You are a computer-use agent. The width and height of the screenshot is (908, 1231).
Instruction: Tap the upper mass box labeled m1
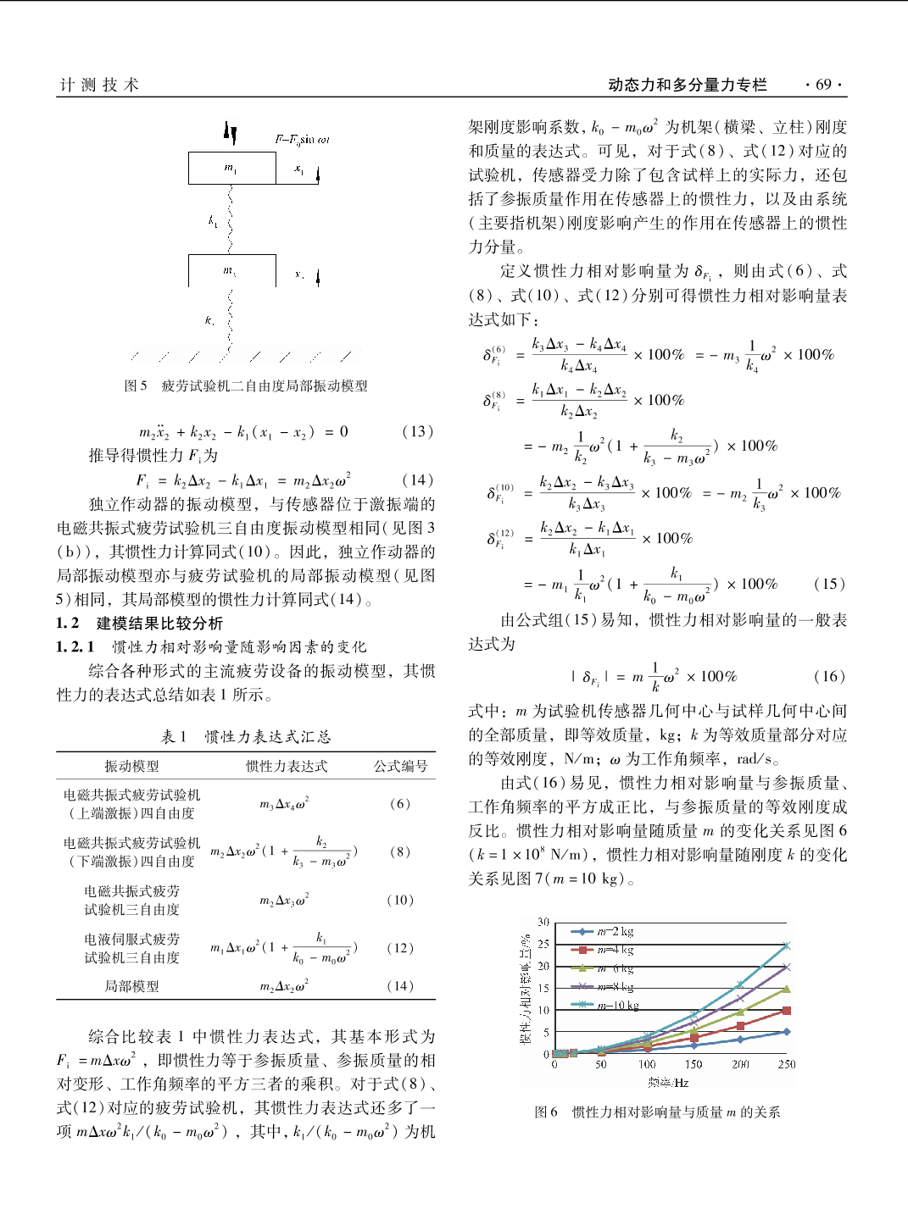[231, 168]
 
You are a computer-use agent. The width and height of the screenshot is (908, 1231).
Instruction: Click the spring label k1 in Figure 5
[213, 221]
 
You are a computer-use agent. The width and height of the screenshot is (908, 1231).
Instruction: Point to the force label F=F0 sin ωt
[302, 140]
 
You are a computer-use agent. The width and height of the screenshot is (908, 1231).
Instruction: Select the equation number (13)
[417, 431]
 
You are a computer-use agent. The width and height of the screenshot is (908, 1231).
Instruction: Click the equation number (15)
[829, 584]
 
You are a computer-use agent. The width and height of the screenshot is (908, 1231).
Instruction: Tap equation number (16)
[829, 676]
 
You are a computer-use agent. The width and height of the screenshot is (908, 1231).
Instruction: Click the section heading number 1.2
[68, 624]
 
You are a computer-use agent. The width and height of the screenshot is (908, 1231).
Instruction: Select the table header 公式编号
[401, 766]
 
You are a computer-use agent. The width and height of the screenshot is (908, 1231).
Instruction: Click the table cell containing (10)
[400, 900]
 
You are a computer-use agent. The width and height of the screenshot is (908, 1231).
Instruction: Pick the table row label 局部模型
[131, 986]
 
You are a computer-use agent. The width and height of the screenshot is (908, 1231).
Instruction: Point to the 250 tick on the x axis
[787, 1064]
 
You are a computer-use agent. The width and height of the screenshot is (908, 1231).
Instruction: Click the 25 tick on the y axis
[543, 944]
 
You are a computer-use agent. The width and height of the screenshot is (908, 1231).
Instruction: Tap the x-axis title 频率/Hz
[669, 1082]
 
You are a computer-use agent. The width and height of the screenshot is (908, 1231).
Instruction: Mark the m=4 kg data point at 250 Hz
[787, 1011]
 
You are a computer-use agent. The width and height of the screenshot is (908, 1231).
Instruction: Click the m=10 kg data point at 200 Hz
[740, 984]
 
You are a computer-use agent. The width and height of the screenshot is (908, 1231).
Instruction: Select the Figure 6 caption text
[657, 1112]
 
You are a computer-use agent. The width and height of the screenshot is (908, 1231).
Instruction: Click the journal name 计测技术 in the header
[99, 85]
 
